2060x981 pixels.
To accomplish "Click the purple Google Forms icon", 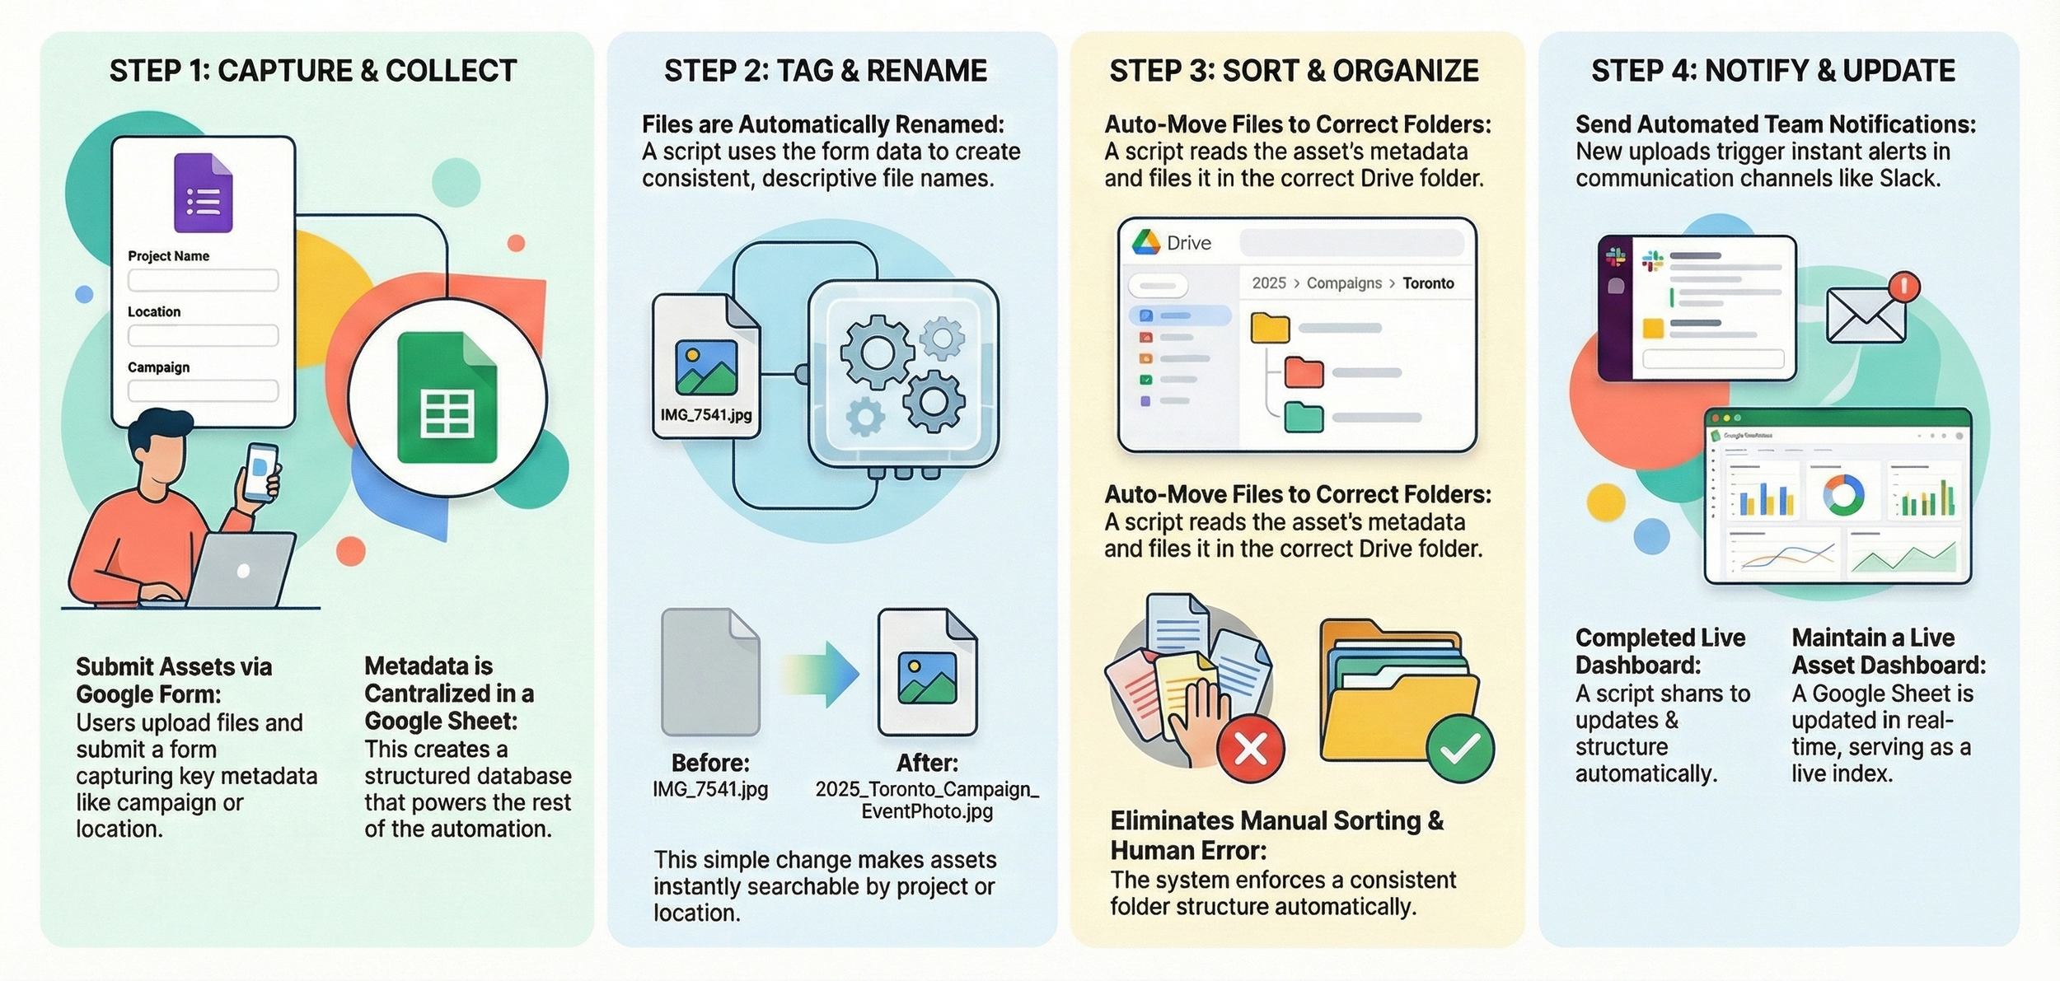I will (203, 193).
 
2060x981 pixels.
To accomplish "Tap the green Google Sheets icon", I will (447, 398).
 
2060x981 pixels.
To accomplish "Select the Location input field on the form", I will (203, 335).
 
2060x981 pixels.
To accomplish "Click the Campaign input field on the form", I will (203, 390).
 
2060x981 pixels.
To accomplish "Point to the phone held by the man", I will (260, 472).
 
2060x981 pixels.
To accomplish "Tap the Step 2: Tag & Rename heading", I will (825, 71).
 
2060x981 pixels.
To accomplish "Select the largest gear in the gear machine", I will (876, 352).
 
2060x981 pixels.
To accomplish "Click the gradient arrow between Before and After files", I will (820, 674).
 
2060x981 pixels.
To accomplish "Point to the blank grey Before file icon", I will (709, 672).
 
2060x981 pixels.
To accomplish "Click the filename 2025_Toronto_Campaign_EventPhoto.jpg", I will (927, 800).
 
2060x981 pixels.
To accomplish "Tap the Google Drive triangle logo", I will (1145, 242).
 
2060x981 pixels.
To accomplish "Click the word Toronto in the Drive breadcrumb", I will (1428, 283).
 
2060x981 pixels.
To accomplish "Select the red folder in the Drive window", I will (1304, 372).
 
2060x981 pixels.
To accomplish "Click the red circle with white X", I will (1250, 748).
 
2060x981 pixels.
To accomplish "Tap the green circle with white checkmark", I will (1460, 748).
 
